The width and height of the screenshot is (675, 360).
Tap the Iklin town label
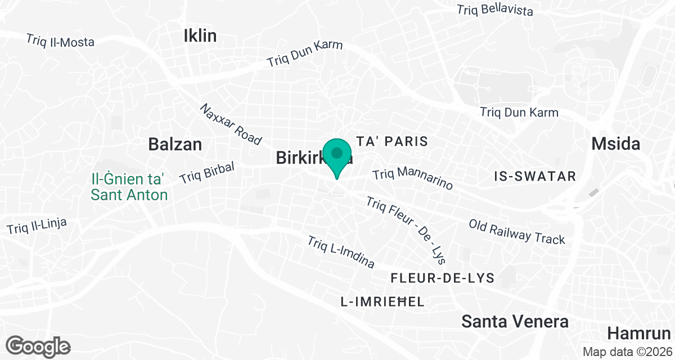click(x=200, y=36)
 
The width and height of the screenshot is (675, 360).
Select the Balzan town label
click(x=175, y=144)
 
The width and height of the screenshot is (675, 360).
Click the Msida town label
click(x=615, y=144)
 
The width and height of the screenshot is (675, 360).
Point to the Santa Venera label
click(x=515, y=322)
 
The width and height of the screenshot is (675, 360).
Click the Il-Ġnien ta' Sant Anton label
click(x=129, y=187)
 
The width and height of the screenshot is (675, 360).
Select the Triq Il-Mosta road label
click(x=60, y=41)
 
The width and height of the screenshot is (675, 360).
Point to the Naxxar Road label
click(x=231, y=123)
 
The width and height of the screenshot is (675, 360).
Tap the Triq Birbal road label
click(x=206, y=173)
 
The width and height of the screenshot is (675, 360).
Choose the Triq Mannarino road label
click(x=412, y=178)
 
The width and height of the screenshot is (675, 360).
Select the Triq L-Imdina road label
click(x=340, y=251)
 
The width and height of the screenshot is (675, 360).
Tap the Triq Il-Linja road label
click(x=37, y=227)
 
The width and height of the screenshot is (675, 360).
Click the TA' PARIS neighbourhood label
click(x=393, y=141)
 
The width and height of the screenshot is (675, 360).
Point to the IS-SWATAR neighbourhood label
click(x=534, y=177)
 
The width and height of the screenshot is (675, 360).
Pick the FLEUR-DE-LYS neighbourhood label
click(x=442, y=278)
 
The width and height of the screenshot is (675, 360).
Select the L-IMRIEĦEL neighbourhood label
click(x=382, y=302)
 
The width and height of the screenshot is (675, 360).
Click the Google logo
click(x=38, y=346)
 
